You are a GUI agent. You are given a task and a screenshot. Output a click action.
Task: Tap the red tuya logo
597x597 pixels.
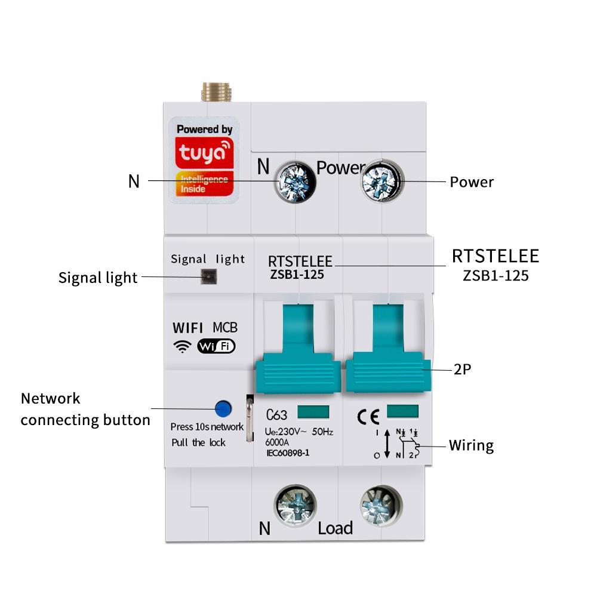point(204,153)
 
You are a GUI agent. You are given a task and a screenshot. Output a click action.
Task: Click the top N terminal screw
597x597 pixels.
point(295,181)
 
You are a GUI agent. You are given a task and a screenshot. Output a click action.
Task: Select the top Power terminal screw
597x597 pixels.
point(382,180)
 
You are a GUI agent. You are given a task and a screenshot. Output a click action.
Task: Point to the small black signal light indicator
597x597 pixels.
point(208,277)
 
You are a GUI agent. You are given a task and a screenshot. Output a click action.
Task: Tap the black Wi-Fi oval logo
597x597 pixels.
point(216,346)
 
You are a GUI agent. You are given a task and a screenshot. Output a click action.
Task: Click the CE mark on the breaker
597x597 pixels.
point(368,416)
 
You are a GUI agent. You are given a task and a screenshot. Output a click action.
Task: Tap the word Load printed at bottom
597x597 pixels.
point(335,528)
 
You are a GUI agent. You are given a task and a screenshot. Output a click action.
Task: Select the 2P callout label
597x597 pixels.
point(463,370)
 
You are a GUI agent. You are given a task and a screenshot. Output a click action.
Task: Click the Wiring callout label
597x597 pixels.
point(471,445)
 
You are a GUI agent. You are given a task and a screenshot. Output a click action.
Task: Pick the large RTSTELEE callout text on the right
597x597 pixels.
point(495,256)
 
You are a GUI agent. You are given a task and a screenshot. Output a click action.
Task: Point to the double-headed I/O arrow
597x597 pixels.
point(387,443)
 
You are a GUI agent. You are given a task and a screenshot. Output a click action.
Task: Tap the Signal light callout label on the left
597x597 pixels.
point(98,278)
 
